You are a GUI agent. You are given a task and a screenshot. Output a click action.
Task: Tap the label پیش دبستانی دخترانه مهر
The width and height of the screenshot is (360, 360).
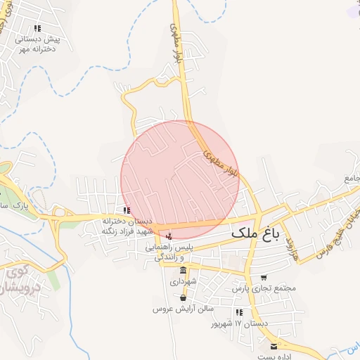[38, 44]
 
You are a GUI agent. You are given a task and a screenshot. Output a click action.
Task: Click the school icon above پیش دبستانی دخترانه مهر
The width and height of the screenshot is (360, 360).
[37, 28]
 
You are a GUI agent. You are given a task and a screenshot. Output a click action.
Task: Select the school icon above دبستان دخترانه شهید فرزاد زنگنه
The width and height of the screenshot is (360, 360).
[126, 210]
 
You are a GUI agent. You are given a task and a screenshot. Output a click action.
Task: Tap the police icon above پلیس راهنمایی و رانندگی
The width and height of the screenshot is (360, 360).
[168, 235]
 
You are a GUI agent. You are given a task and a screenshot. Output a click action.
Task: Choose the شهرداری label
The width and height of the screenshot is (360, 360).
[184, 282]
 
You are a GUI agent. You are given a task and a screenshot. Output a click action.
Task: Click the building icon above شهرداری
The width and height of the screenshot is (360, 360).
[184, 271]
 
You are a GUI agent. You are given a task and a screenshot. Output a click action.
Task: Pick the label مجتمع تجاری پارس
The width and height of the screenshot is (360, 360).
[264, 288]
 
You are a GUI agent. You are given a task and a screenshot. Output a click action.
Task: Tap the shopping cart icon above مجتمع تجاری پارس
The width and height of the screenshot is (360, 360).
[264, 278]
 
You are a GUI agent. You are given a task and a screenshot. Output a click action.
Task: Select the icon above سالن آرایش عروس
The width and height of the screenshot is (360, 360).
[162, 298]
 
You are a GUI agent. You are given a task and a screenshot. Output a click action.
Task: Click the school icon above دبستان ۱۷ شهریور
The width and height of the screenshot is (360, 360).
[240, 311]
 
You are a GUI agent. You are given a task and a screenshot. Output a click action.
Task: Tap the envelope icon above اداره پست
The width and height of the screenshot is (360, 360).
[274, 346]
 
